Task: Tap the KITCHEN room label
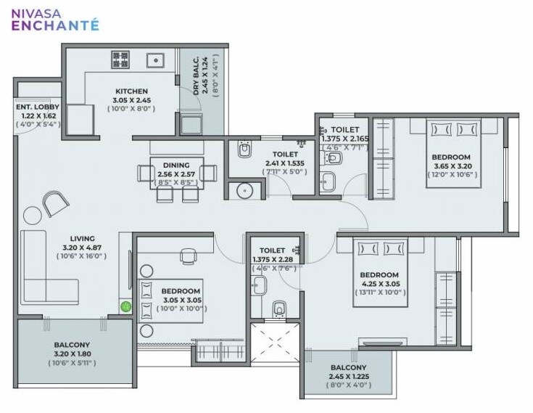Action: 131,91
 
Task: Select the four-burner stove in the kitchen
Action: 120,59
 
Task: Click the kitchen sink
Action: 155,59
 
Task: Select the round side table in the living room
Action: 33,215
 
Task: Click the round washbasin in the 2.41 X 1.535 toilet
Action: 245,191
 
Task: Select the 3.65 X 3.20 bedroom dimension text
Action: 452,165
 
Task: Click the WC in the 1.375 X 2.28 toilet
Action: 278,310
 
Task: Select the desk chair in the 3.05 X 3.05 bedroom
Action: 188,257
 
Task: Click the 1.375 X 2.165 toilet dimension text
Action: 346,138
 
